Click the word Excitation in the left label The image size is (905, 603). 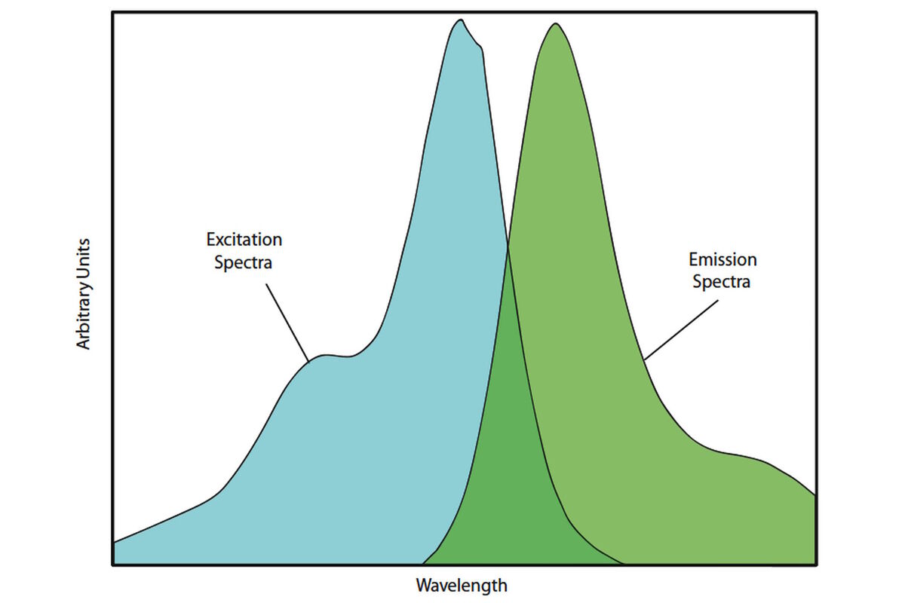244,240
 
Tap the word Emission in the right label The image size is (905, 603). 722,260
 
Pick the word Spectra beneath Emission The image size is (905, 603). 722,283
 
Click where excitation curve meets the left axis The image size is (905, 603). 113,542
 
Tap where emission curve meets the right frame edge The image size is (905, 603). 815,495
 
